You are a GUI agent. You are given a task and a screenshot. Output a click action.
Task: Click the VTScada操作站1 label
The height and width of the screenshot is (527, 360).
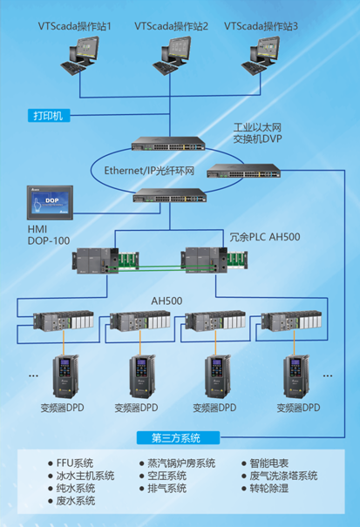tap(74, 27)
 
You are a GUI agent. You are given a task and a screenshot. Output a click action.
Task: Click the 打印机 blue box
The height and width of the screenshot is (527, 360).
tap(49, 115)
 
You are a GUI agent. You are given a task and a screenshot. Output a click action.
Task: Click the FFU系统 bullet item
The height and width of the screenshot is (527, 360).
tap(75, 463)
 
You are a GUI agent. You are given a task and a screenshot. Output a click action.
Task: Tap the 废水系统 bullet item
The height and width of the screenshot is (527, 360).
tap(75, 501)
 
